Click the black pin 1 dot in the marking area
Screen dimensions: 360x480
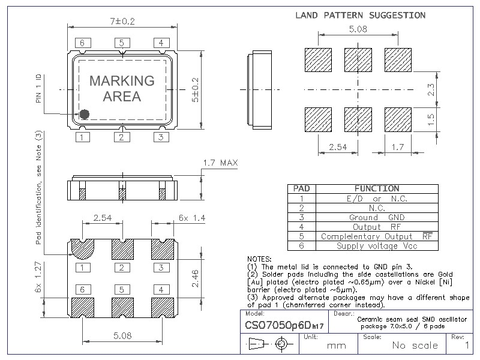point(85,113)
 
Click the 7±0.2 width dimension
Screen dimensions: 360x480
point(122,21)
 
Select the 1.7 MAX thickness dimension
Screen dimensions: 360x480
point(221,163)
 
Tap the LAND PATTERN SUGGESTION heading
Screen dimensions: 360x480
point(360,15)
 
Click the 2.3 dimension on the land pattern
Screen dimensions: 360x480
point(430,90)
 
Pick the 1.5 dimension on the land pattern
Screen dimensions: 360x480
point(430,120)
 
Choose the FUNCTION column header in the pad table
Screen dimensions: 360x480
point(376,188)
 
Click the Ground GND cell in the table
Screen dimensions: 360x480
point(376,217)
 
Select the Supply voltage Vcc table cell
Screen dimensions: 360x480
point(376,246)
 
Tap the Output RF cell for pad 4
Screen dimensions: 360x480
point(376,227)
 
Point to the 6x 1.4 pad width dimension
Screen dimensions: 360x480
point(192,218)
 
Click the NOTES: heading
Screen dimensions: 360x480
point(259,259)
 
